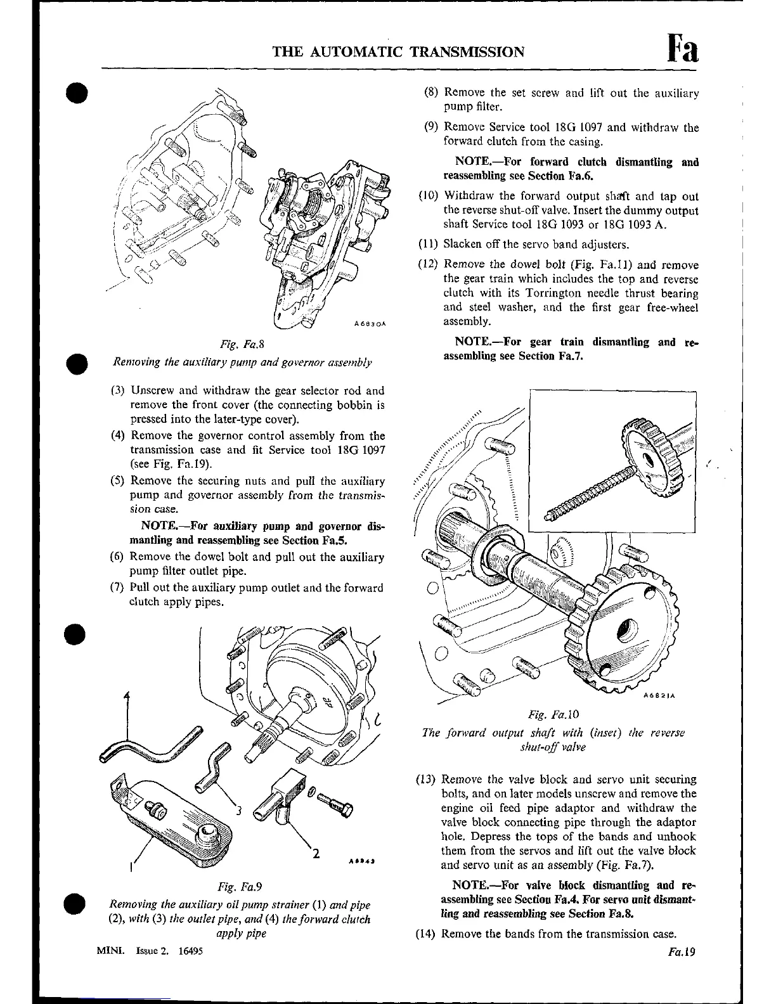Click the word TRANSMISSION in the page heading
tap(468, 52)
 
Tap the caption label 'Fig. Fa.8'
tap(241, 345)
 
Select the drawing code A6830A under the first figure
tap(370, 324)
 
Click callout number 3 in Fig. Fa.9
tap(239, 809)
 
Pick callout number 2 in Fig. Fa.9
tap(315, 853)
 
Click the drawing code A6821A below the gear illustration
tap(660, 695)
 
